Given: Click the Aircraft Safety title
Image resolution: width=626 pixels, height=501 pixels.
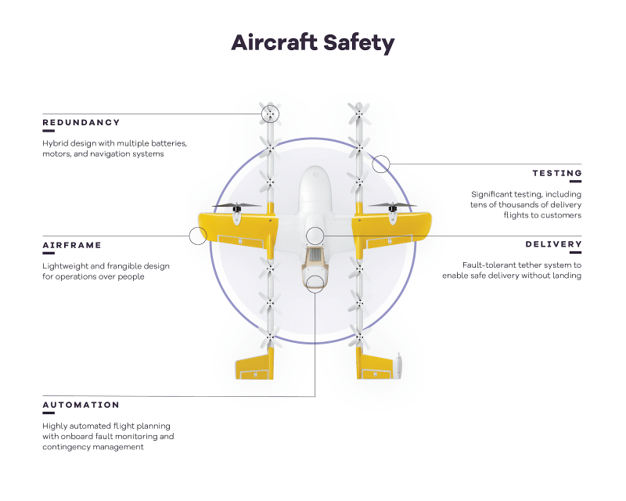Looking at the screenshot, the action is [312, 43].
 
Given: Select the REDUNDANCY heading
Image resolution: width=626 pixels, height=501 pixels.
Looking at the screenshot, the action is [81, 123].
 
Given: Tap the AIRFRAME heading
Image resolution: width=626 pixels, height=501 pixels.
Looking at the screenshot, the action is [72, 245].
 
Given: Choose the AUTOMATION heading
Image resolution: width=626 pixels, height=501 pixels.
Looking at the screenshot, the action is [81, 405].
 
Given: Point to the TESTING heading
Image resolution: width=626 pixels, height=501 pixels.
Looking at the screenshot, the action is [557, 173].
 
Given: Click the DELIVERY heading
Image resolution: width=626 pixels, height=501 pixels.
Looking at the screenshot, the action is [553, 244].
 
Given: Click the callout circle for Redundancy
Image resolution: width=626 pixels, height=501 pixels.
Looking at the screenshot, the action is [270, 106].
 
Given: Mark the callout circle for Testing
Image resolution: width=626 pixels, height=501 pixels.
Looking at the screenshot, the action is [381, 156].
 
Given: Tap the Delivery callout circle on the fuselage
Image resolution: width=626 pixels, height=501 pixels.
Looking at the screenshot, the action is [315, 227].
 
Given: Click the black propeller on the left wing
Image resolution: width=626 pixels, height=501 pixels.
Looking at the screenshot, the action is [237, 207].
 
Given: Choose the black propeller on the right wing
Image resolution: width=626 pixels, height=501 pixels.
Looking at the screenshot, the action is [393, 206].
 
